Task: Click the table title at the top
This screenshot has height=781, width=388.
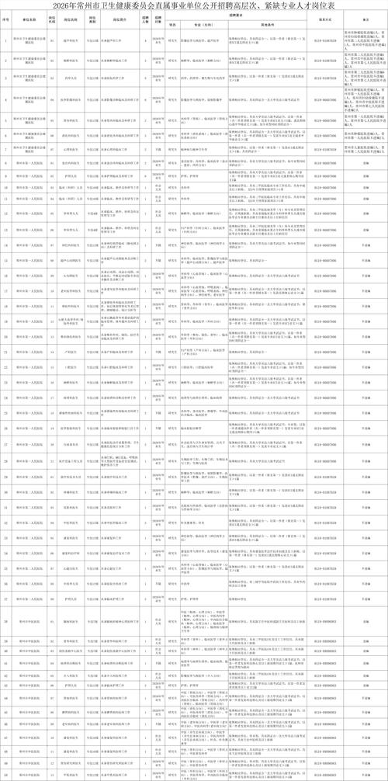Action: click(194, 7)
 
